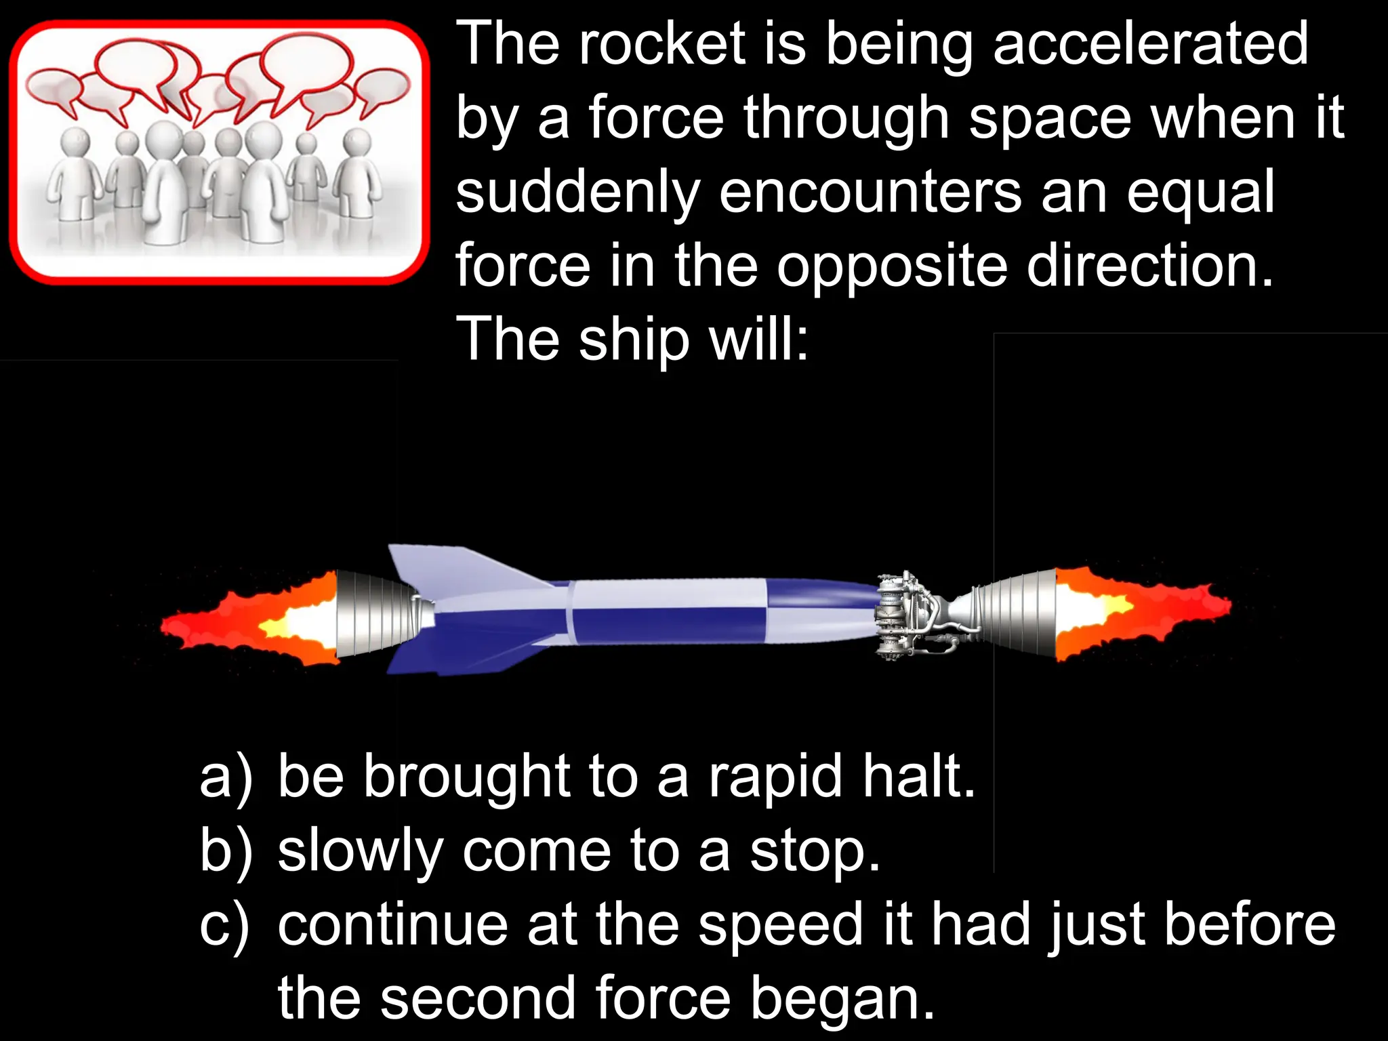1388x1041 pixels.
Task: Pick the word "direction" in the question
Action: pos(1149,266)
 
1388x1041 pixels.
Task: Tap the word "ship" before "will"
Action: pos(634,340)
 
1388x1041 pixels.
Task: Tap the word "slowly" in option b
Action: pos(360,852)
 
